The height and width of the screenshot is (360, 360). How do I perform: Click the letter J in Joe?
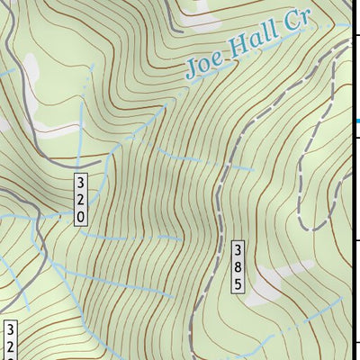(192, 70)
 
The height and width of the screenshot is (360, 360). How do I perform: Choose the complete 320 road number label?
(81, 200)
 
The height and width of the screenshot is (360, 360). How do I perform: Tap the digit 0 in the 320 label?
(81, 217)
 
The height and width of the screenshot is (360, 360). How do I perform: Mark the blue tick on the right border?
(356, 120)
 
